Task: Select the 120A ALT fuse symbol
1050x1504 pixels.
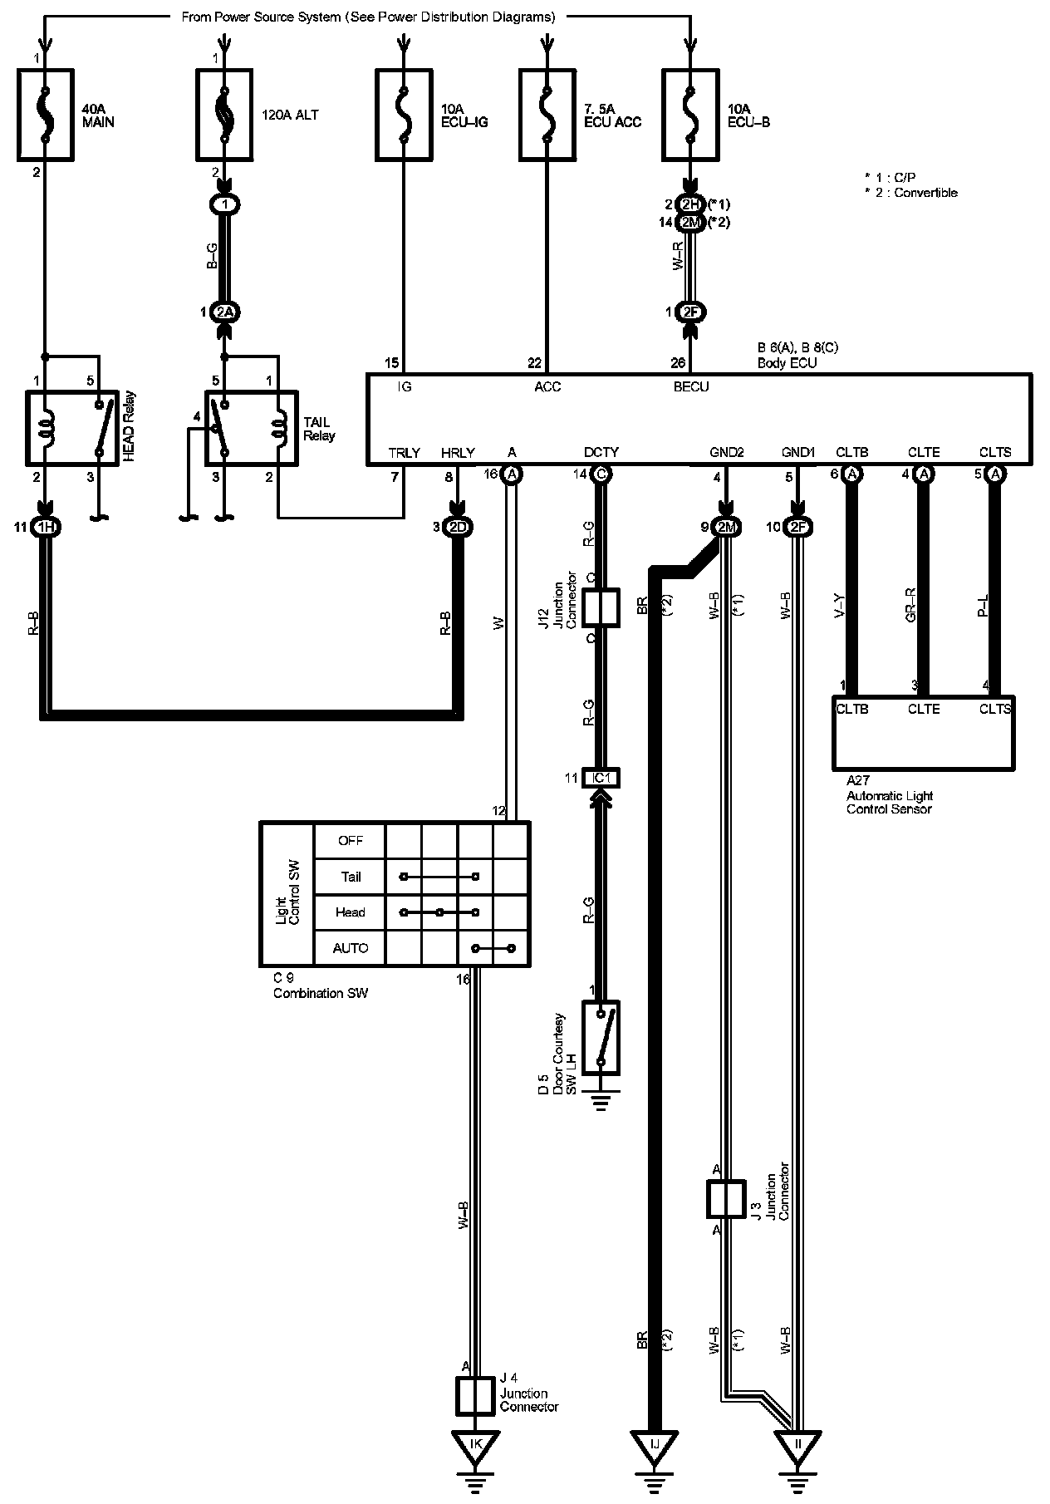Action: [x=223, y=114]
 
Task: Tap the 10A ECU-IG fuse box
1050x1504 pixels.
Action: [x=403, y=114]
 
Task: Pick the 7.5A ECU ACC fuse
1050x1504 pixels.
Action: [x=547, y=114]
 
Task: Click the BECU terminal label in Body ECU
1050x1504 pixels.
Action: [x=691, y=387]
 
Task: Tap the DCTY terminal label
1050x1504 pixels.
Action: [x=601, y=453]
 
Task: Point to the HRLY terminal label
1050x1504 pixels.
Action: [x=458, y=453]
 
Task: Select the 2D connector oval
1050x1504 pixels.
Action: [x=457, y=527]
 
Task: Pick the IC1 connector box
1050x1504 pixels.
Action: [x=601, y=779]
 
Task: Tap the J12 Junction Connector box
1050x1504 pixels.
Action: [x=601, y=607]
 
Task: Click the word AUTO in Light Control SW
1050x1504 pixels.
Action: [x=350, y=948]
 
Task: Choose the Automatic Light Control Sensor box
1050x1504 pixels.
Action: [x=923, y=732]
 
